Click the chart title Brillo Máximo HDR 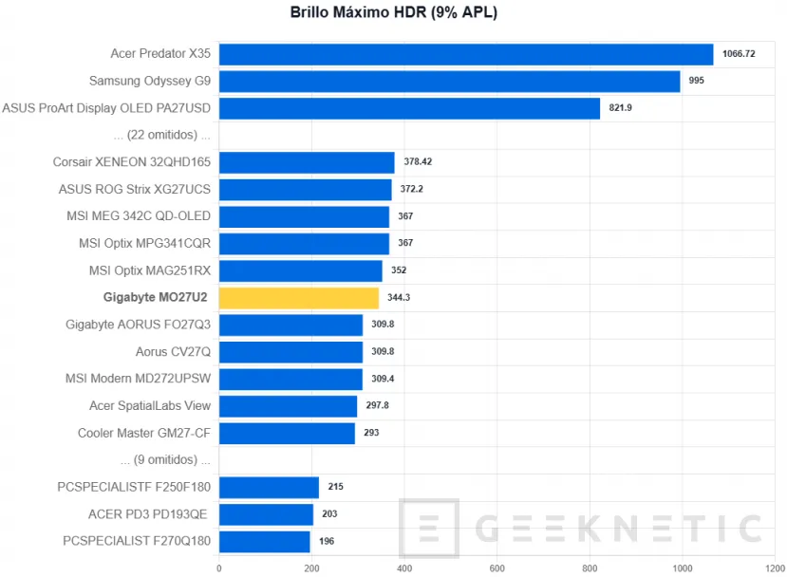(x=393, y=13)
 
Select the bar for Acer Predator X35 (x=465, y=54)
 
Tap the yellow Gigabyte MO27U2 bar (x=299, y=298)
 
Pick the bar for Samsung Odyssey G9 (x=449, y=81)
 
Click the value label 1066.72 (x=739, y=54)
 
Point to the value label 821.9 (x=620, y=107)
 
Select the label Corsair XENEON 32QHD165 (x=132, y=162)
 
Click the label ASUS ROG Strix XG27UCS (x=135, y=189)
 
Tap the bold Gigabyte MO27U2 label (x=157, y=298)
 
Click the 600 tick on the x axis (x=497, y=568)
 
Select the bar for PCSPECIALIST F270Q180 (x=265, y=542)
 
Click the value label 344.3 (x=399, y=298)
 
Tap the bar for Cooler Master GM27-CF (x=287, y=434)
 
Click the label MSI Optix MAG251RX (x=150, y=270)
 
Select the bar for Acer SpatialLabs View (x=288, y=406)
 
